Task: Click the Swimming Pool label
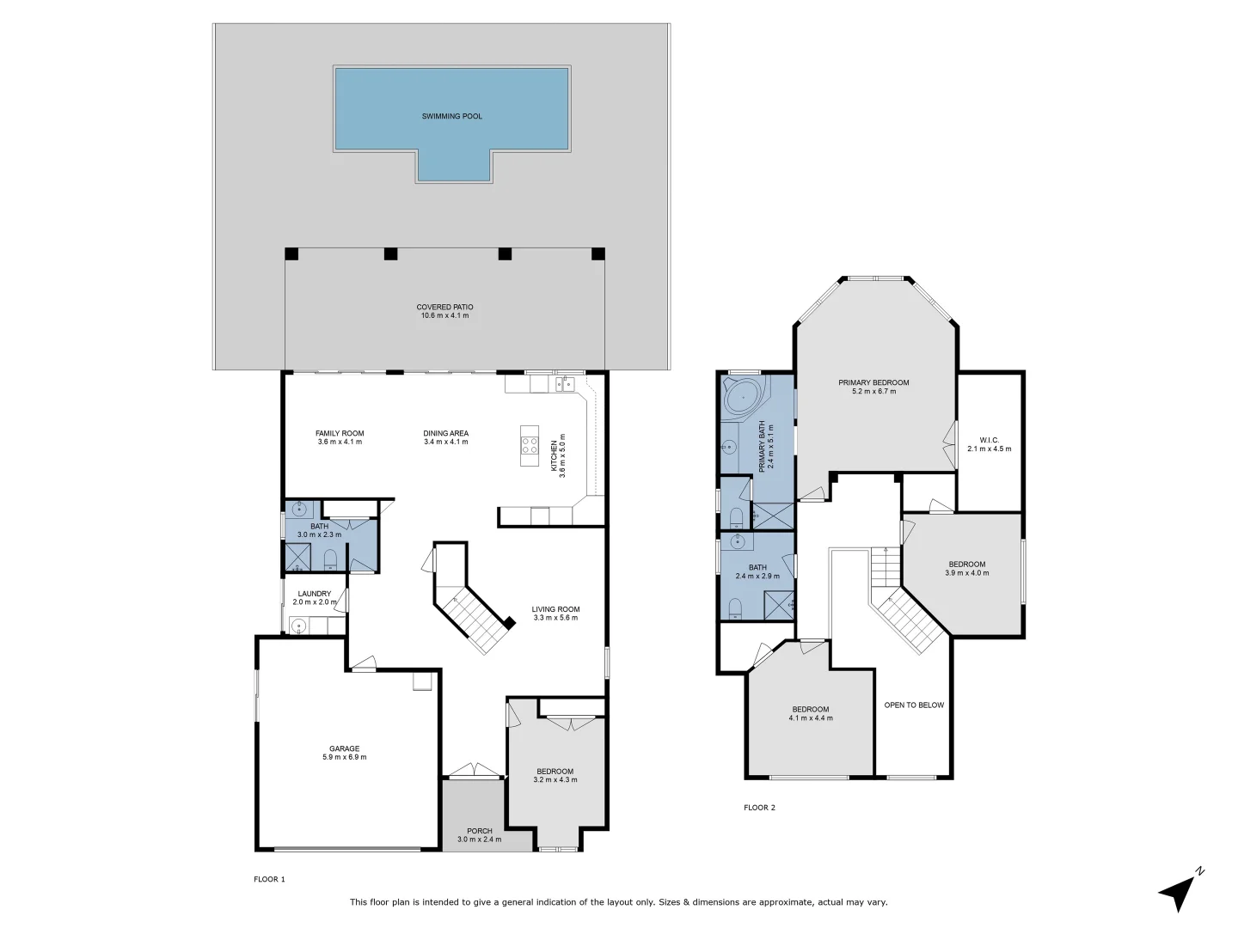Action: [x=451, y=116]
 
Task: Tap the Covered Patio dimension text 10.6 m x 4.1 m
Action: [x=444, y=316]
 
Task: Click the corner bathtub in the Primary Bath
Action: [x=740, y=398]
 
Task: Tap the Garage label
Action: [x=344, y=748]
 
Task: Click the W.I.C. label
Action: [x=989, y=440]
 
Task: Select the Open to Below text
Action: [x=914, y=705]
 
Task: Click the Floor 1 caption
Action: [x=269, y=879]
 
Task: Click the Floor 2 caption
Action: [x=759, y=808]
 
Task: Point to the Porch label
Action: [x=479, y=831]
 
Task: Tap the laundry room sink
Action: [x=298, y=626]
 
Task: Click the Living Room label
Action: [x=555, y=609]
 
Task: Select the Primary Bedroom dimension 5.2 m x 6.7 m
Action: [x=873, y=392]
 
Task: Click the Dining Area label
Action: [x=445, y=433]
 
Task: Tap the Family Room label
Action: [x=340, y=433]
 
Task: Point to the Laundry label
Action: [x=314, y=594]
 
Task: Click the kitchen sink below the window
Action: [x=564, y=384]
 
